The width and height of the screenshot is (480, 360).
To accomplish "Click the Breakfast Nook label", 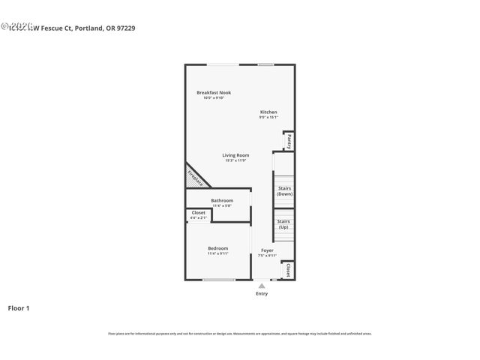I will (214, 92).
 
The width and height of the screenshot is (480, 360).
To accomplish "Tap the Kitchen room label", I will (268, 112).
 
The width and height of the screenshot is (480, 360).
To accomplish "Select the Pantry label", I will (288, 141).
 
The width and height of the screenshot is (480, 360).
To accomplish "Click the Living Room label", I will (235, 155).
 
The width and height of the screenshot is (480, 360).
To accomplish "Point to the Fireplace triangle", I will (194, 178).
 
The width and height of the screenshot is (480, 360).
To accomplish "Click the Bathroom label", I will (222, 200).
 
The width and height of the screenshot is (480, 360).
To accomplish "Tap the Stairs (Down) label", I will (284, 190).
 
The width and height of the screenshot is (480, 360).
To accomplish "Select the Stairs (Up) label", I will (283, 223).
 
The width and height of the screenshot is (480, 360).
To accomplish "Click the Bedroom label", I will (218, 248).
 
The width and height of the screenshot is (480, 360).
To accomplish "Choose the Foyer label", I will (267, 250).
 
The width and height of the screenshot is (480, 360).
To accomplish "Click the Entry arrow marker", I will (261, 286).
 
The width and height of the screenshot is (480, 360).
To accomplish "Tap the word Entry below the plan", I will (261, 293).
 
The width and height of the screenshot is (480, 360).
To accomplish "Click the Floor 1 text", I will (19, 307).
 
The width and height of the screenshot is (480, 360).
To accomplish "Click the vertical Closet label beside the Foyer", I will (288, 270).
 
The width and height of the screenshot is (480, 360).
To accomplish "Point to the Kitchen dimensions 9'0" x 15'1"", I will (268, 117).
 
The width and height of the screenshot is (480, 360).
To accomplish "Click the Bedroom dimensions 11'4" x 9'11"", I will (218, 253).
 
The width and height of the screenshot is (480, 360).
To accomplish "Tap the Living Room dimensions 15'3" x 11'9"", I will (235, 160).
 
